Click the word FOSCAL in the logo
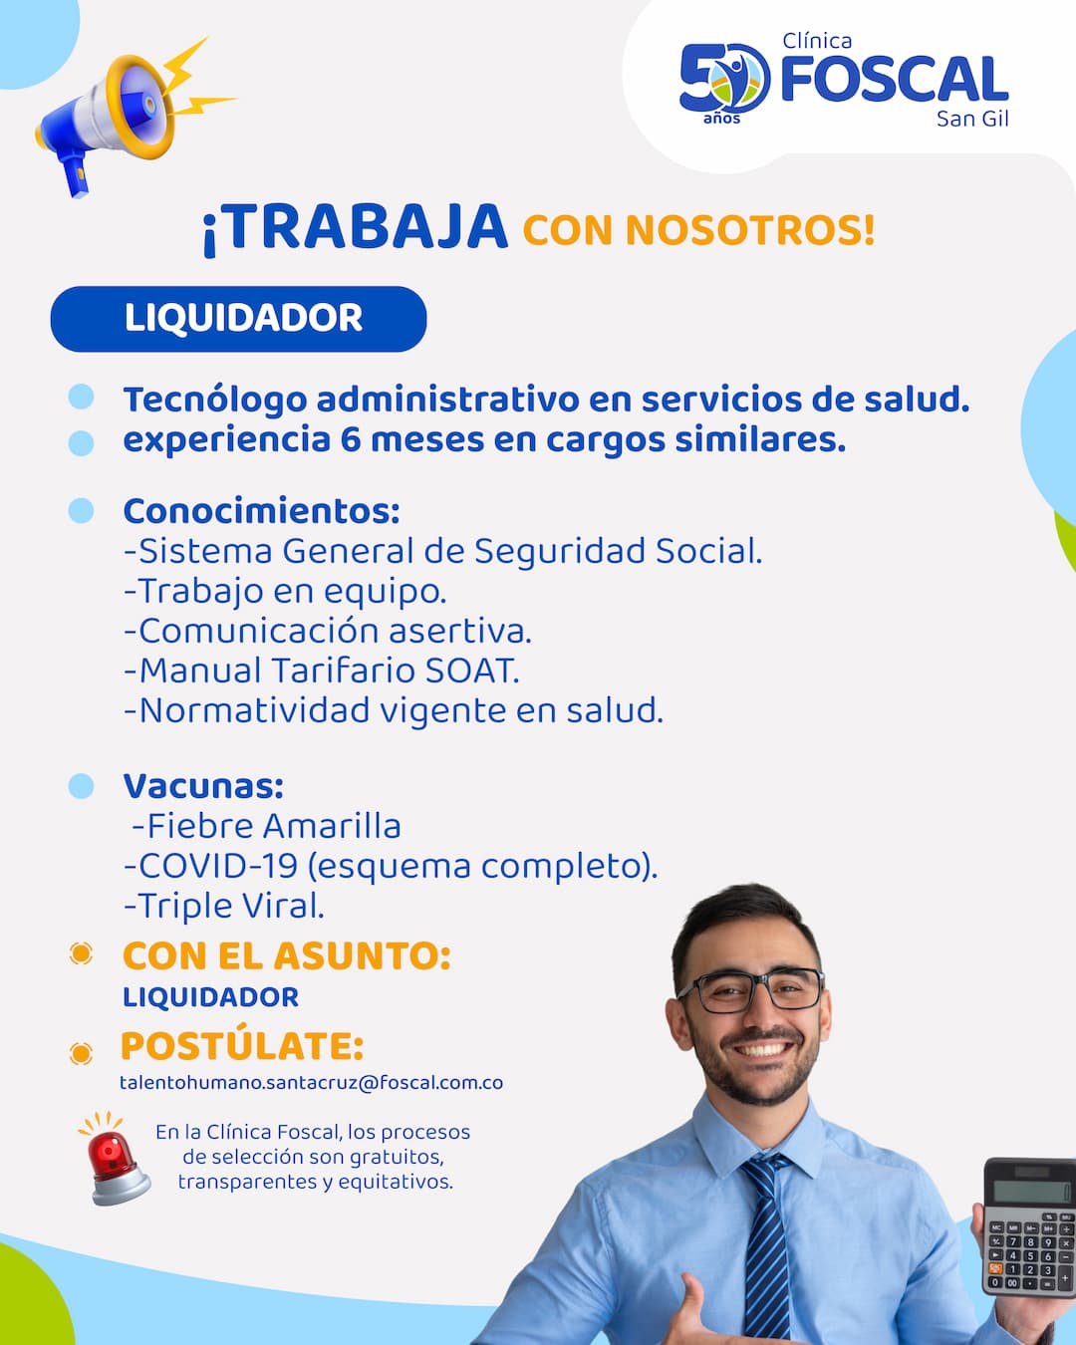click(895, 79)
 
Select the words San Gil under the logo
click(972, 119)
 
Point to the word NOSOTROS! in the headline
click(749, 230)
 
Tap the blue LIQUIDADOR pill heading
click(238, 319)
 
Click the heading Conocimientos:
click(261, 511)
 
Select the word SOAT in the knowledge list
click(472, 671)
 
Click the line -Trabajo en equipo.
click(285, 591)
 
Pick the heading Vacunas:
click(203, 786)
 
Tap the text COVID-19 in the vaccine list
click(217, 866)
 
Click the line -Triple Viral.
click(224, 907)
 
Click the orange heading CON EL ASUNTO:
click(287, 956)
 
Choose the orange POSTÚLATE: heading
click(242, 1046)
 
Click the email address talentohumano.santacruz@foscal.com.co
click(312, 1083)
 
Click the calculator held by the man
click(1029, 1226)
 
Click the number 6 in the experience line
click(350, 439)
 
